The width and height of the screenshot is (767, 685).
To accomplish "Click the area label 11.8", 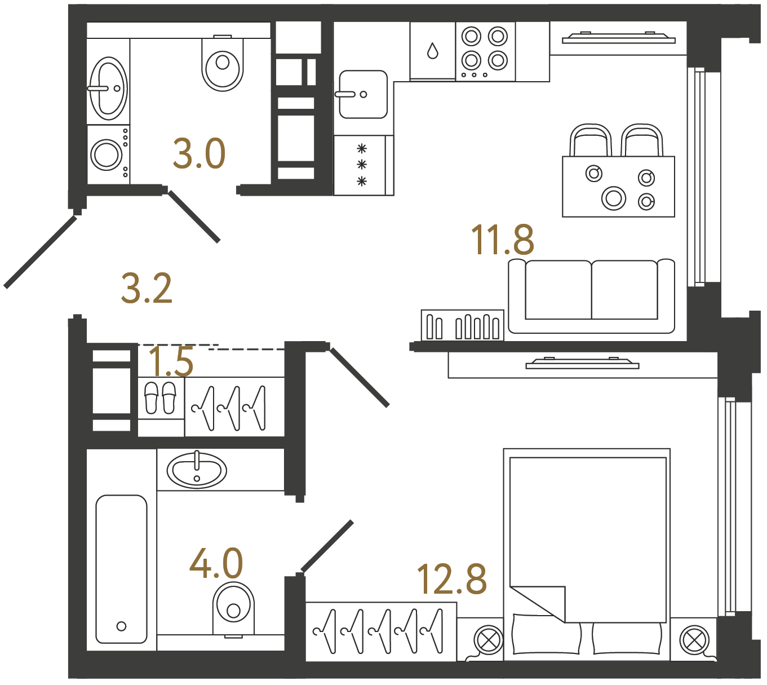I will [502, 240].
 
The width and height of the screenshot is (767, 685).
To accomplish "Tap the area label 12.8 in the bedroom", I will [451, 579].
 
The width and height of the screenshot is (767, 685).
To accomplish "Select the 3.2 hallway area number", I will [147, 289].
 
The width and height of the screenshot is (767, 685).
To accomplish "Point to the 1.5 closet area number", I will [171, 361].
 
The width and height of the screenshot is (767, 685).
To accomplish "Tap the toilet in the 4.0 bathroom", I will [233, 609].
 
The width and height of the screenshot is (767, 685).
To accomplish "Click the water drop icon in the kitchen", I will [432, 51].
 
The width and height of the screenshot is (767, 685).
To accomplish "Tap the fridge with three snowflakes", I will [361, 165].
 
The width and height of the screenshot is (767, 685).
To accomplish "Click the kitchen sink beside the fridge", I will [363, 94].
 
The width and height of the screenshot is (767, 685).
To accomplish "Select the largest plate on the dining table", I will [613, 198].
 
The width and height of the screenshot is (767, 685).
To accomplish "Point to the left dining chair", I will [591, 140].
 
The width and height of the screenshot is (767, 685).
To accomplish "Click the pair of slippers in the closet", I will [161, 397].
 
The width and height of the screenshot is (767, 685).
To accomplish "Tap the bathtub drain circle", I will [121, 626].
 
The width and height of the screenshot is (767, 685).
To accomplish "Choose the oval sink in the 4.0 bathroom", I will [197, 471].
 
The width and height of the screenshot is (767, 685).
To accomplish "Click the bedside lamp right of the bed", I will [694, 640].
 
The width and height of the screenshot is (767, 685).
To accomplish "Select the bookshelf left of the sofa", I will [462, 326].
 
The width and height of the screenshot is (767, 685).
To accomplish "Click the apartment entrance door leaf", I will [41, 251].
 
